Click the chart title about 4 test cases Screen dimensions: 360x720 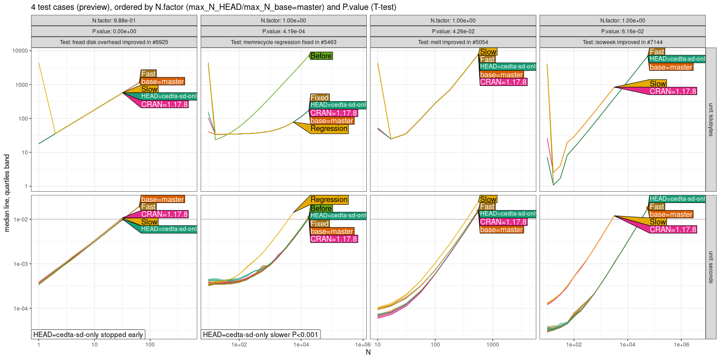tap(213, 7)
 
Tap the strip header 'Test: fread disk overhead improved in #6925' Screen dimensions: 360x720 tap(114, 42)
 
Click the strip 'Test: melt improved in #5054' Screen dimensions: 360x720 tap(453, 42)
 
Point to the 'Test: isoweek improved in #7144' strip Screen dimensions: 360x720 tap(622, 42)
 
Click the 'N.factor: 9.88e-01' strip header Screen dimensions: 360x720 tap(114, 21)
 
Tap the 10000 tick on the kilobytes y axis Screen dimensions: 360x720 tap(20, 51)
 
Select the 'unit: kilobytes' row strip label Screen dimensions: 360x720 tap(711, 120)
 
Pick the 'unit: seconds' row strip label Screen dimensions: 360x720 tap(711, 267)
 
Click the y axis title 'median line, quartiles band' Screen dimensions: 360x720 tap(7, 193)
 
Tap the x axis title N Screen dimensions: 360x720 tap(368, 352)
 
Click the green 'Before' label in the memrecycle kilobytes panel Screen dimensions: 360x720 tap(321, 56)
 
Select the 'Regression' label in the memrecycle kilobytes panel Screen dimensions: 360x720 tap(329, 129)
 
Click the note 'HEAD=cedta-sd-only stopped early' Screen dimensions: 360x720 tap(88, 334)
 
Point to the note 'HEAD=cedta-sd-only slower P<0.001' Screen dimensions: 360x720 tap(261, 334)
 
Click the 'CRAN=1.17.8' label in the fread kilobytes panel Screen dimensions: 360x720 tap(164, 104)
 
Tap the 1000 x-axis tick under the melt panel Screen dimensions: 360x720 tap(492, 345)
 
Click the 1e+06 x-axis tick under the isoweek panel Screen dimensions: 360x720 tap(681, 345)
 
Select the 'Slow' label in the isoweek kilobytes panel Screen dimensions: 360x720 tap(657, 84)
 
